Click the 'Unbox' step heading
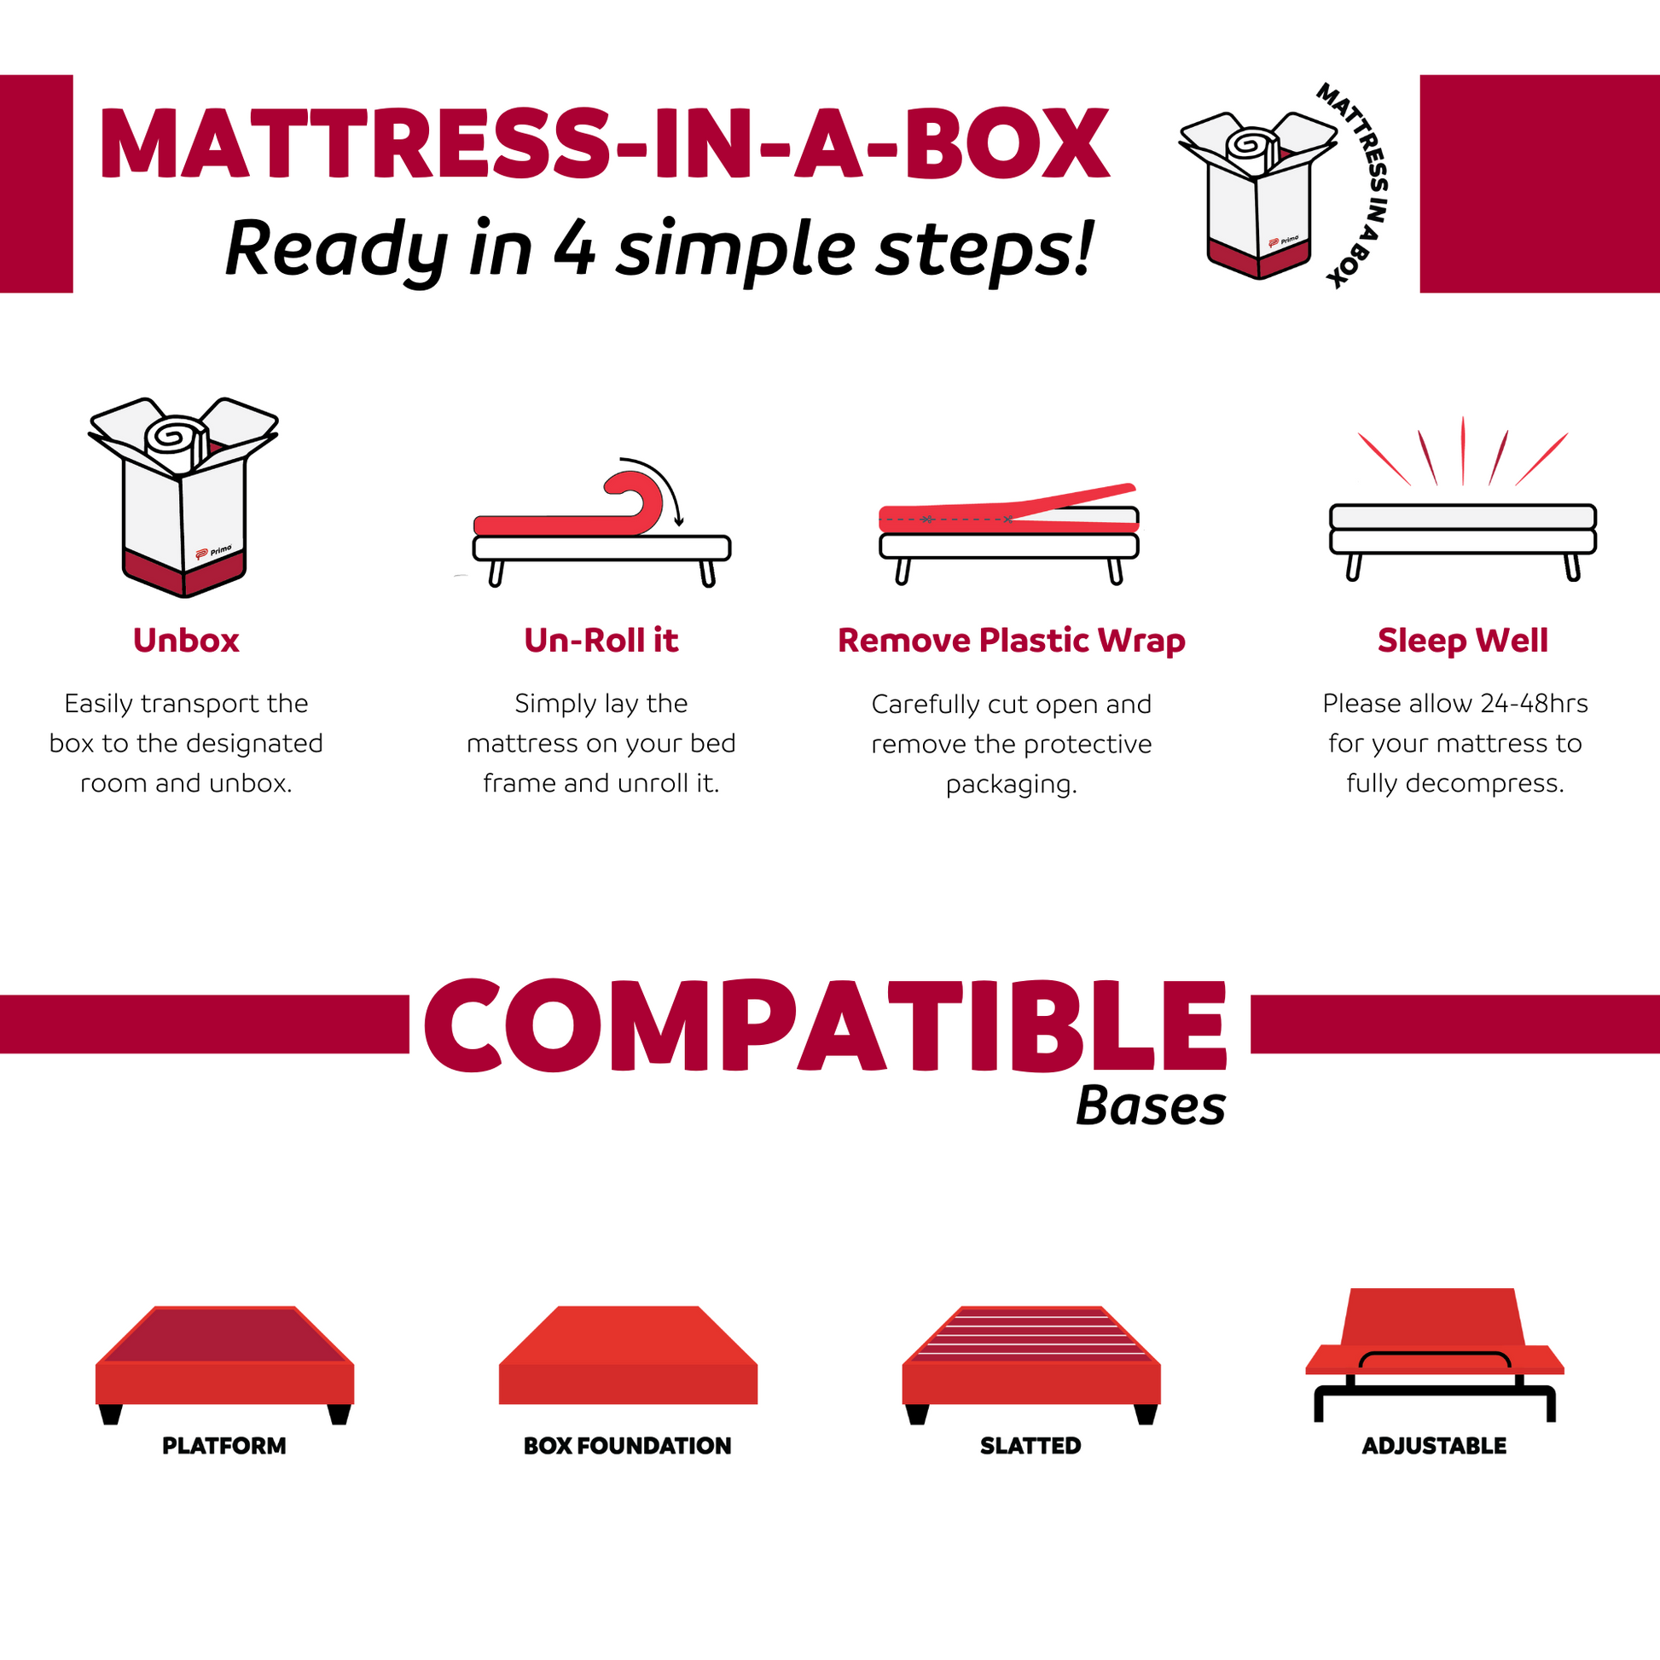point(186,641)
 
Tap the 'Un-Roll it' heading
point(601,641)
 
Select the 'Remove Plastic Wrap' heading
point(1012,641)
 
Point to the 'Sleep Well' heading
point(1462,641)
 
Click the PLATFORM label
point(224,1446)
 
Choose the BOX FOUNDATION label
point(627,1446)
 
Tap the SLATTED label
point(1030,1446)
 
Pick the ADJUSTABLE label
point(1434,1446)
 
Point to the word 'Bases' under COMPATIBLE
point(1151,1106)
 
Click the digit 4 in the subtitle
point(575,249)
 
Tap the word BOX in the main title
point(1006,144)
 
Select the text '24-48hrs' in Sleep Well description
point(1534,704)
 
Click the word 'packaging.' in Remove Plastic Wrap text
point(1012,785)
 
